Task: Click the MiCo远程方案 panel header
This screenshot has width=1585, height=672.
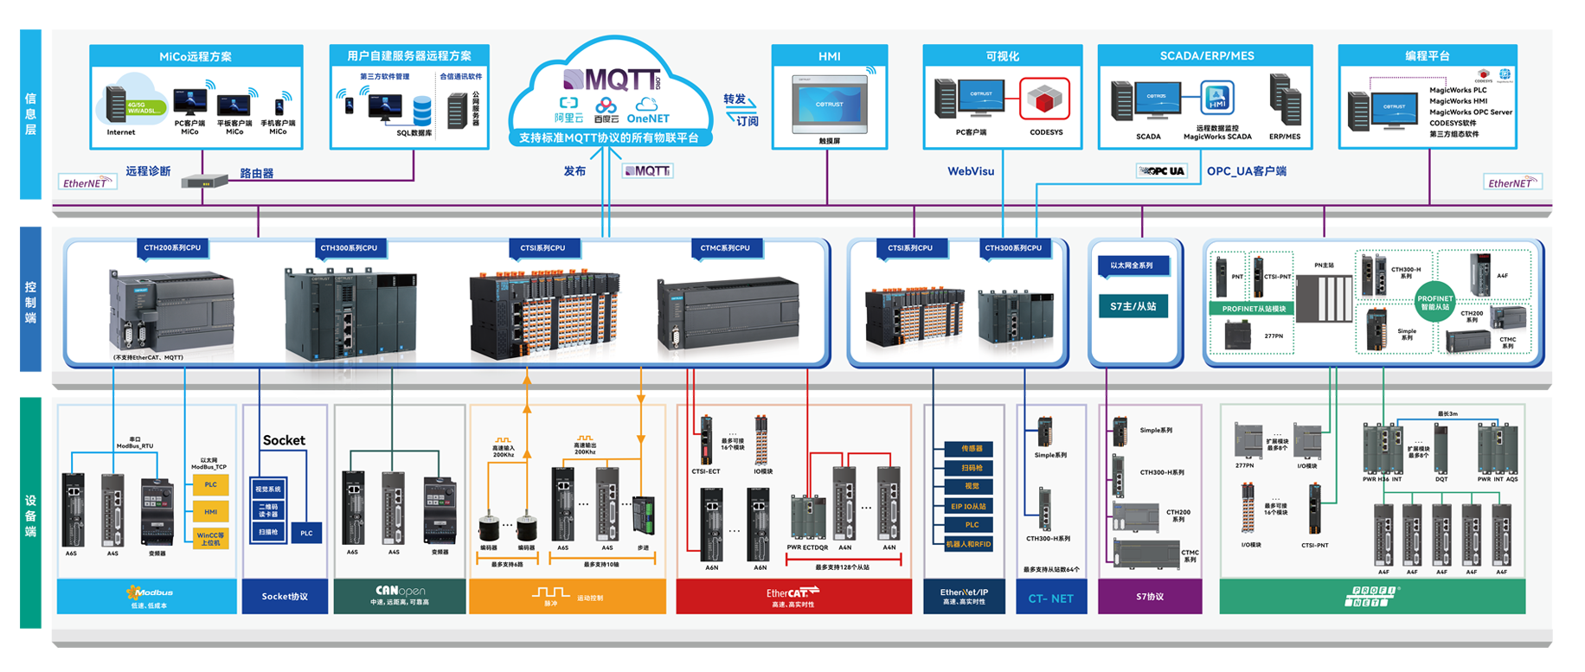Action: point(196,56)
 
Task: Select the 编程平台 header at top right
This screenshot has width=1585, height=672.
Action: point(1427,55)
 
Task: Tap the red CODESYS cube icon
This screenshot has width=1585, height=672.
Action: point(1044,100)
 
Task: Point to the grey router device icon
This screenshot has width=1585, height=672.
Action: point(204,181)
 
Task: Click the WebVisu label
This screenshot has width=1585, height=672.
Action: point(971,171)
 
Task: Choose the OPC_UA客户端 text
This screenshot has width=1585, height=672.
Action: point(1246,171)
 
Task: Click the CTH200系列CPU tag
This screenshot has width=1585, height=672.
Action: point(172,248)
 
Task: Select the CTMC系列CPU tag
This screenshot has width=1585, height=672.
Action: point(725,248)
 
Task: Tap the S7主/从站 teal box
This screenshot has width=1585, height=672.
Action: point(1133,306)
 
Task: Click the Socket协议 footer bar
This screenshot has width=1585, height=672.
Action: point(285,597)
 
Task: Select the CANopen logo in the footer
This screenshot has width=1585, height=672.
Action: point(400,592)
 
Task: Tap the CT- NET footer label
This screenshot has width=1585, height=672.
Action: point(1050,598)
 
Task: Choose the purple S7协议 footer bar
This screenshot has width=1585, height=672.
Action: point(1149,597)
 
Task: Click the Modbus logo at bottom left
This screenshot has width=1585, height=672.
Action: point(150,592)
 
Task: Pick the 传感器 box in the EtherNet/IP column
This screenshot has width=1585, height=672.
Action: point(972,449)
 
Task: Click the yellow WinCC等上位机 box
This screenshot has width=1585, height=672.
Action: point(210,539)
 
